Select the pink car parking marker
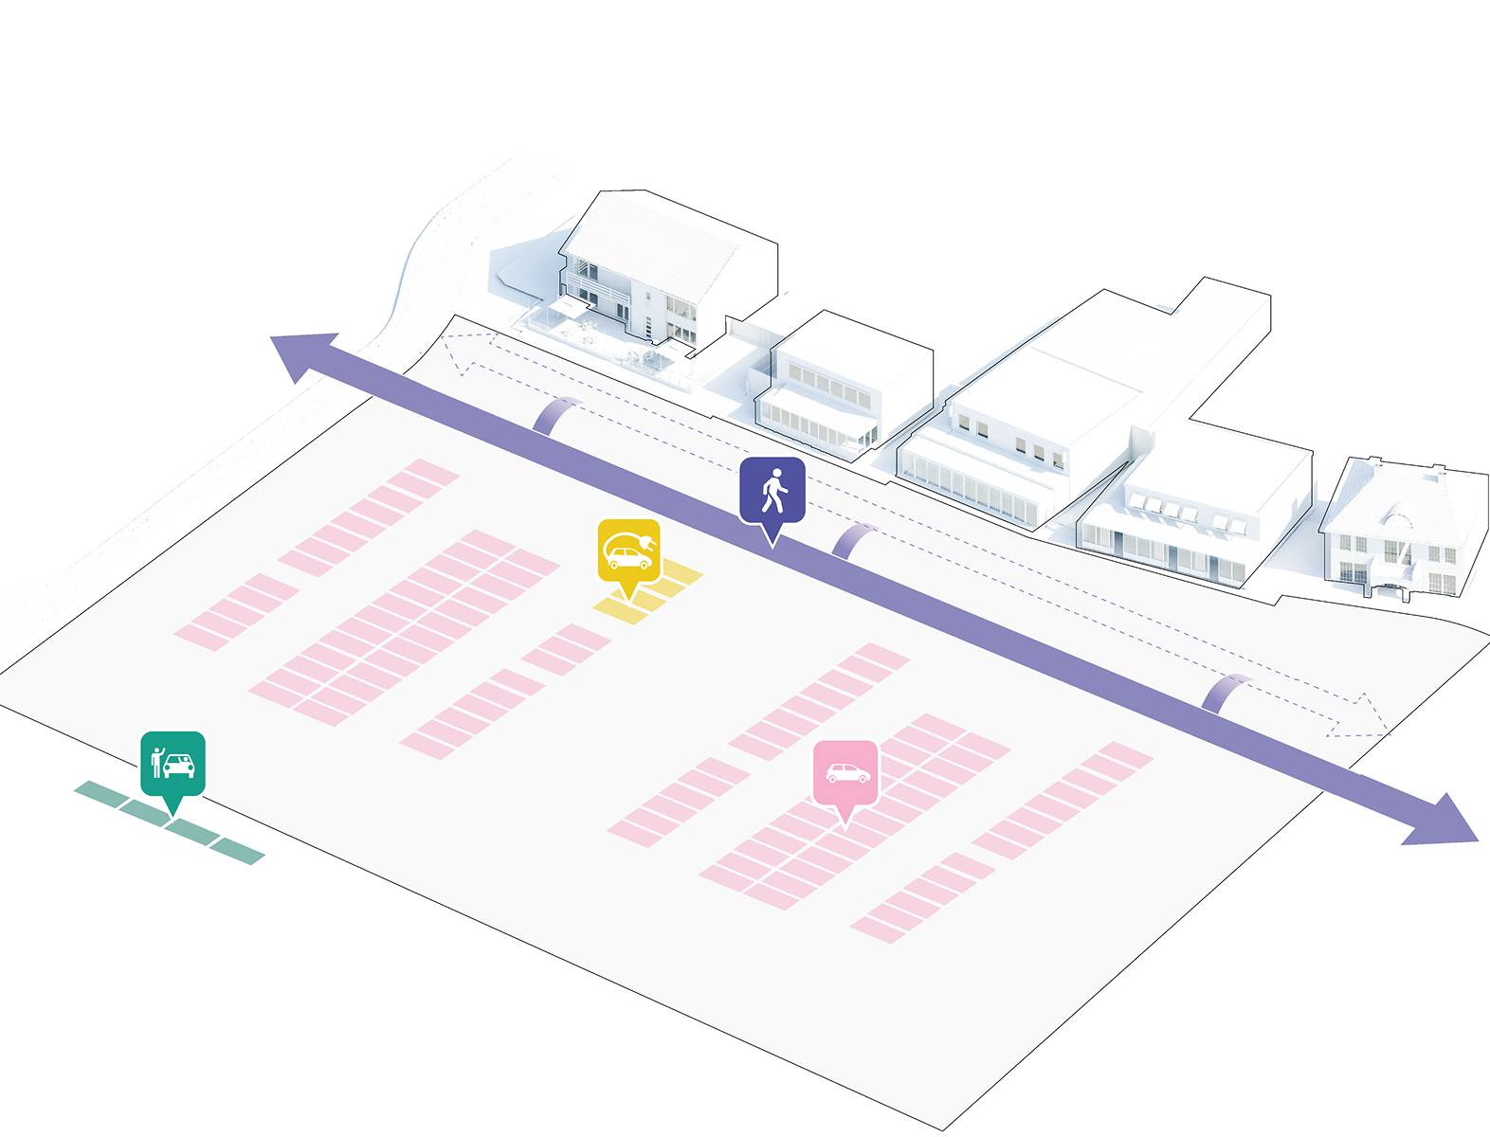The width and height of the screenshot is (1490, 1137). [x=846, y=772]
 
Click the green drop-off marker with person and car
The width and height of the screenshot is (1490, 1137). [x=173, y=763]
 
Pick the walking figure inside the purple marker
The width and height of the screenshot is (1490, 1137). [x=774, y=488]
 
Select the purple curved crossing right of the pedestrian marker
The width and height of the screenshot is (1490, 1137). [x=854, y=540]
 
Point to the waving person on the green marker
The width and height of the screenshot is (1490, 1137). [x=156, y=760]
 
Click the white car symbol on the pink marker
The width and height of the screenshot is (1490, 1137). [x=847, y=772]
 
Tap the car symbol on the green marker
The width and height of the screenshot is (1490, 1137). [x=179, y=764]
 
